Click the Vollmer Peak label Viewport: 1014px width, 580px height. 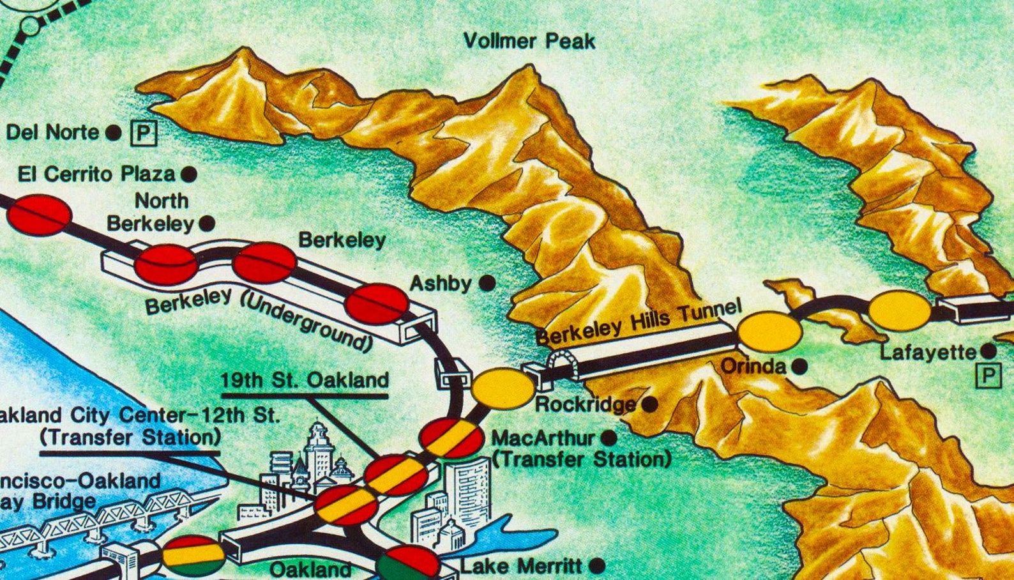point(529,42)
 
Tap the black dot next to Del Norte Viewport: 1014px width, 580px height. point(113,133)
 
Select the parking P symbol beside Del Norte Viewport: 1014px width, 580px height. point(144,133)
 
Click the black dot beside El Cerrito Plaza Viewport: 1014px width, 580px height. point(188,174)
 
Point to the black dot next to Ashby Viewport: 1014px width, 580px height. point(487,282)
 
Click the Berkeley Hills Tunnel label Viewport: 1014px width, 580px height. point(639,321)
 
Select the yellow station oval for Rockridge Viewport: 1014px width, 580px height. point(503,388)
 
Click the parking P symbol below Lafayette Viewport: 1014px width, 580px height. point(988,376)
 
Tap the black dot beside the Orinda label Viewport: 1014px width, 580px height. point(799,367)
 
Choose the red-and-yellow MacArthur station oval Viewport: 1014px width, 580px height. point(451,438)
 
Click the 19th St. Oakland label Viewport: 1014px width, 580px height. point(305,380)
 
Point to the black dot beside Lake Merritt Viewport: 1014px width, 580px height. point(596,566)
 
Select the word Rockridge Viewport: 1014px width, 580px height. point(585,404)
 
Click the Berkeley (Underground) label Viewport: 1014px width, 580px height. point(259,317)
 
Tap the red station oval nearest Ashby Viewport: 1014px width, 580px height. point(376,303)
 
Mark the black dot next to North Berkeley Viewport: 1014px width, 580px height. point(207,224)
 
